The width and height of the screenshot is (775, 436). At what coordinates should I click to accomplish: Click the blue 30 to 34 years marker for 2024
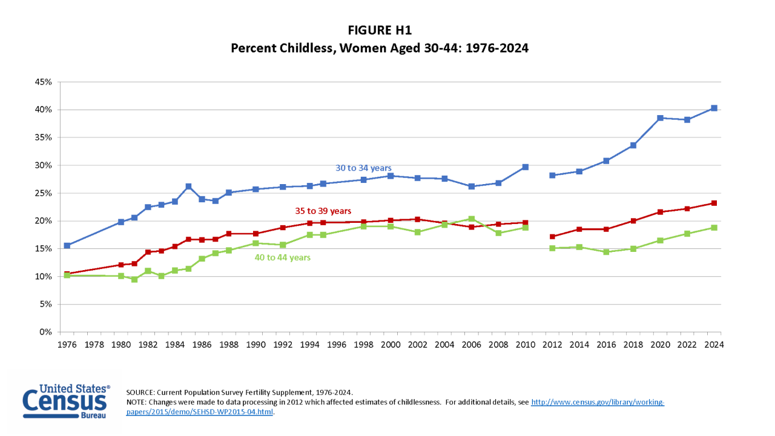(714, 108)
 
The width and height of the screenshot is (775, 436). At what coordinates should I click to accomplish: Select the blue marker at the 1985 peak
(188, 187)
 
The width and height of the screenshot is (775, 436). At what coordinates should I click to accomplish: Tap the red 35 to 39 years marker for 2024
(714, 203)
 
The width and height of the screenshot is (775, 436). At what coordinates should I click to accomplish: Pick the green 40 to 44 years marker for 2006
(472, 219)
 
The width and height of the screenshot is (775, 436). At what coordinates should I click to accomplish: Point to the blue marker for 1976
(67, 246)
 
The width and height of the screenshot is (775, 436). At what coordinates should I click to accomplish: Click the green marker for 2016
(606, 252)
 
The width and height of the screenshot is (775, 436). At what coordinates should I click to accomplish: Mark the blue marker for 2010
(526, 167)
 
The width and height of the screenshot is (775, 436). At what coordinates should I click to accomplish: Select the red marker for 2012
(552, 237)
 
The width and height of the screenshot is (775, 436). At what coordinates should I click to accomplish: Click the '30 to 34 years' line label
(363, 168)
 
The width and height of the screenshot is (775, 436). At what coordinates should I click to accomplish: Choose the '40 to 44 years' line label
(282, 257)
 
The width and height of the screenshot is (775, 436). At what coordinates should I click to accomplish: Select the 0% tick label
(46, 332)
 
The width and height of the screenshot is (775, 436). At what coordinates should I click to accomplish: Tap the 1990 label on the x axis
(256, 345)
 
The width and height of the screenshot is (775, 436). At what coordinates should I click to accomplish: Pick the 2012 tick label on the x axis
(552, 345)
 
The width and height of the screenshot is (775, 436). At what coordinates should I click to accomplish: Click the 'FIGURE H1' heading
(380, 30)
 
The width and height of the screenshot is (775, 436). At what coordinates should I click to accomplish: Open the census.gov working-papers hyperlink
(597, 402)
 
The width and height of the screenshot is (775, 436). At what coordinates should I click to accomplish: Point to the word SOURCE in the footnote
(140, 392)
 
